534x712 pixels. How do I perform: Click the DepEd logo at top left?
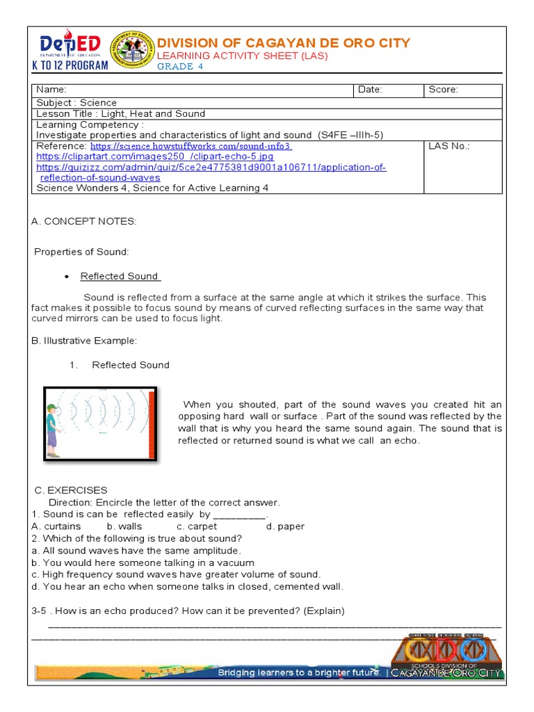[70, 49]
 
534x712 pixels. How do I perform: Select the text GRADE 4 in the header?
[179, 66]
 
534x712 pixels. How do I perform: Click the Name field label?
[51, 90]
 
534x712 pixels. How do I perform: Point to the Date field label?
[370, 90]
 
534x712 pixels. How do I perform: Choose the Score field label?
[443, 90]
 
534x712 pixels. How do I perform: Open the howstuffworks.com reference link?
[191, 147]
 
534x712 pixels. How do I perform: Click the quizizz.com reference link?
[211, 168]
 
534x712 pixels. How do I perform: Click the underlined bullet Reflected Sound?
[120, 276]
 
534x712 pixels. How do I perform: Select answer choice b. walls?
[124, 526]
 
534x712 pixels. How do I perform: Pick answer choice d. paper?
[285, 526]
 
